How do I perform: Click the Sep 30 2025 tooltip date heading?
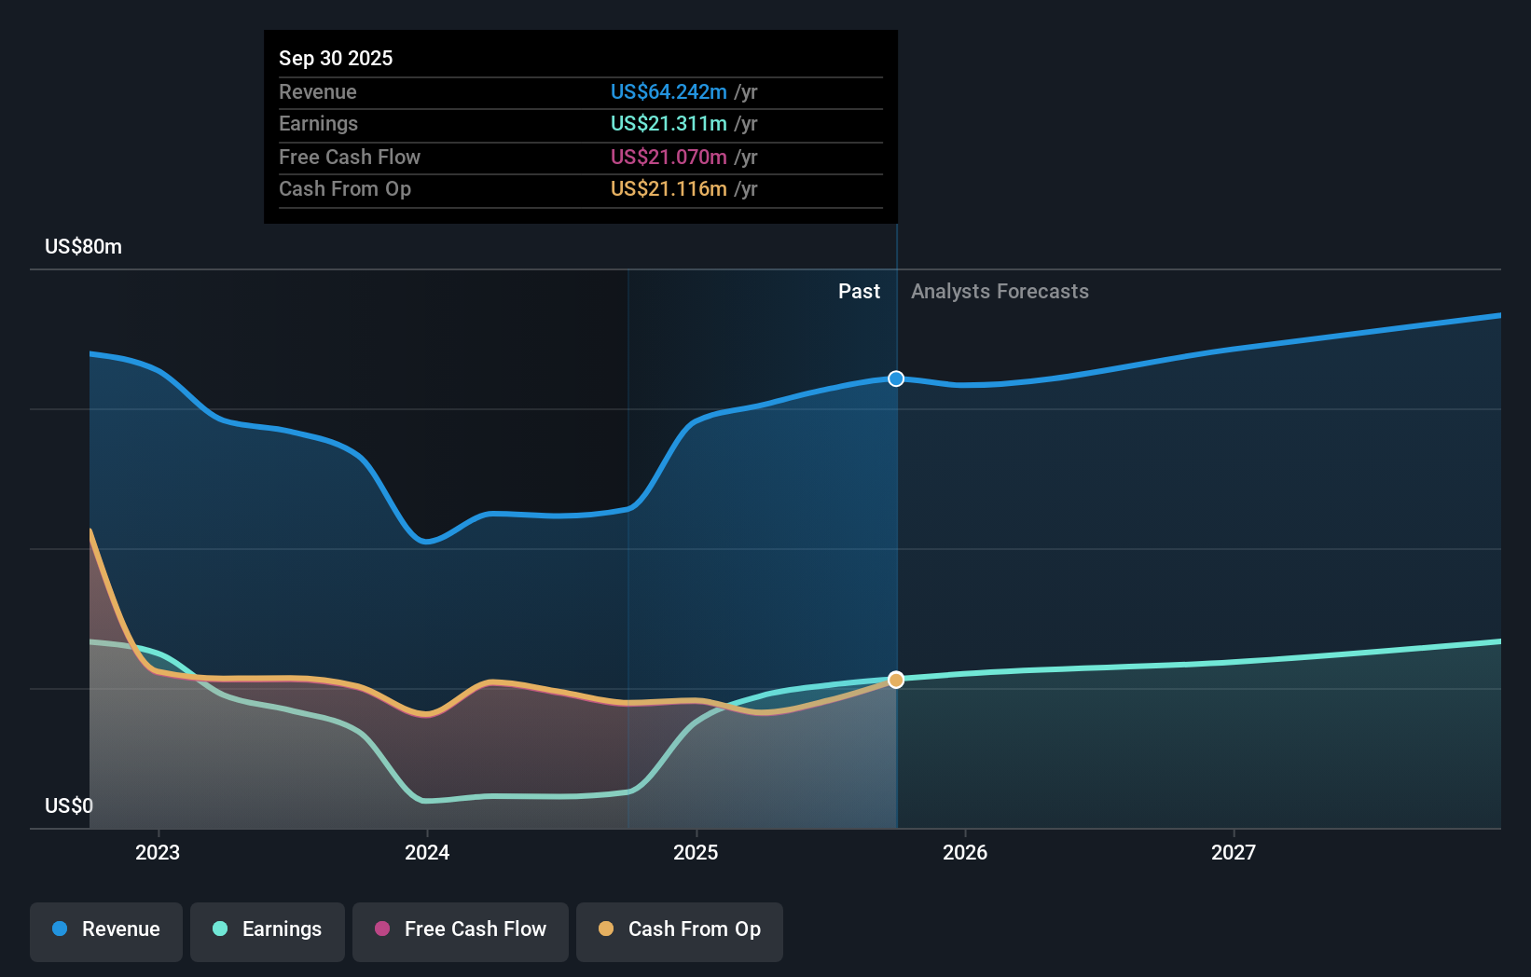point(336,58)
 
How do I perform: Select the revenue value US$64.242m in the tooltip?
point(669,91)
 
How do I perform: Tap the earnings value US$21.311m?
point(669,123)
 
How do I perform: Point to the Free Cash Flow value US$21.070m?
point(669,157)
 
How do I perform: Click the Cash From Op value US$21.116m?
point(669,188)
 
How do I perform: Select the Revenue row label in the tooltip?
point(317,91)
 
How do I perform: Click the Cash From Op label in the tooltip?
point(344,188)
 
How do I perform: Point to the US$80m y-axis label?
point(83,246)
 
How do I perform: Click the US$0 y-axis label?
point(69,805)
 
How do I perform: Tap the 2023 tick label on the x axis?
point(158,852)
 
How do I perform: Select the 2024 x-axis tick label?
point(427,852)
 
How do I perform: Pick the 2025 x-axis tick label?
point(696,852)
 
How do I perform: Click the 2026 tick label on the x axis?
point(965,852)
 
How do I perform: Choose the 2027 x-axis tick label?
point(1234,852)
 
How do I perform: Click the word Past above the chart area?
point(859,291)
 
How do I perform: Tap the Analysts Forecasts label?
point(1000,291)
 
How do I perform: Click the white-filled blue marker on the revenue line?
point(896,378)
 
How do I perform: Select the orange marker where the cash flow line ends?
point(896,680)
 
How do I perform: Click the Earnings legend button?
point(268,929)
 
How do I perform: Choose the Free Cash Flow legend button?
point(461,929)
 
